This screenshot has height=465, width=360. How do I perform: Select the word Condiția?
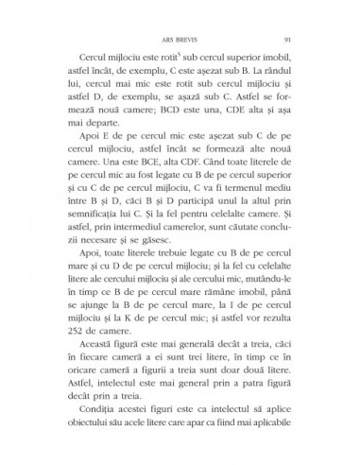[x=111, y=414]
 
